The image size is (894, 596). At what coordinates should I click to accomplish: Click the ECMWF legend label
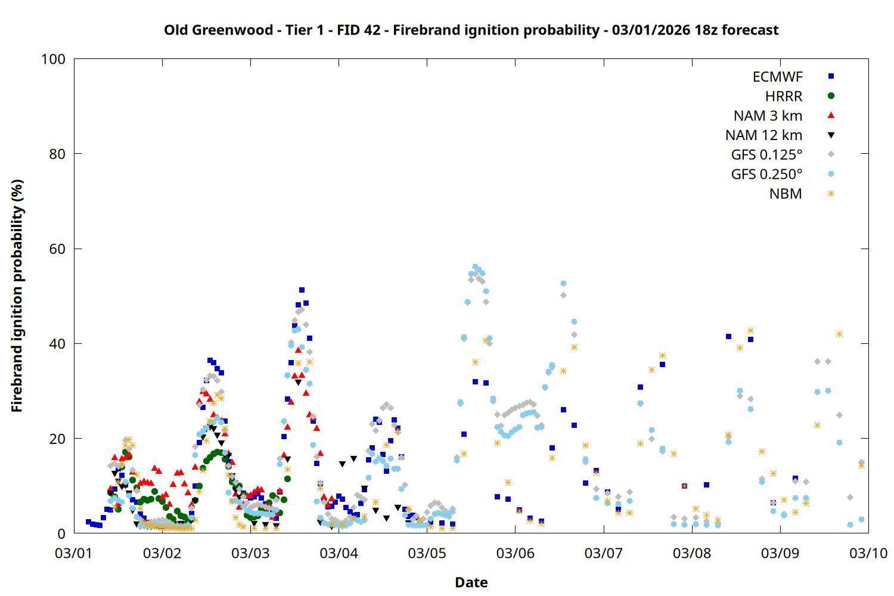777,77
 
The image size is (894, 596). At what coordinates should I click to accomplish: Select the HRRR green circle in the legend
831,96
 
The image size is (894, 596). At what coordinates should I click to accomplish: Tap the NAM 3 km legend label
768,116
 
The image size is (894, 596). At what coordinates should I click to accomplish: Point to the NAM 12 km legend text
763,135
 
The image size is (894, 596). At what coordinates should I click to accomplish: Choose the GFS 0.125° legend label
766,155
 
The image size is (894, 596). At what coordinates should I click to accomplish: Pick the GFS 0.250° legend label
766,175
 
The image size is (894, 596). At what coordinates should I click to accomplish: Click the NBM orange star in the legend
831,194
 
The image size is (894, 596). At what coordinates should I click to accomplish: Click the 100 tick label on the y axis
53,59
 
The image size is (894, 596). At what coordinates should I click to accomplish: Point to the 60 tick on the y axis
57,249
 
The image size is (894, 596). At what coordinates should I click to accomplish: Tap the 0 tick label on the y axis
61,533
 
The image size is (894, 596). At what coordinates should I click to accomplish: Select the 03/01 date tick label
73,553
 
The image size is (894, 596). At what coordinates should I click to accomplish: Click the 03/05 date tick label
427,553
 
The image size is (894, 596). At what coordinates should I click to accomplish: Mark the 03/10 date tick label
868,553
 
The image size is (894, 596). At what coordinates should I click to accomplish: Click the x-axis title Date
471,582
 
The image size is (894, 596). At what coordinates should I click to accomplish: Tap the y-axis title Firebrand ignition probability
17,296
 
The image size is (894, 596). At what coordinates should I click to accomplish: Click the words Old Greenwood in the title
219,30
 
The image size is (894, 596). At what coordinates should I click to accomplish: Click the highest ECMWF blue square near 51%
302,290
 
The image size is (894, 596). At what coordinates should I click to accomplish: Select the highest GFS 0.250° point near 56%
475,267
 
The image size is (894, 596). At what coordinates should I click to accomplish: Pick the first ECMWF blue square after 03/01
88,522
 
